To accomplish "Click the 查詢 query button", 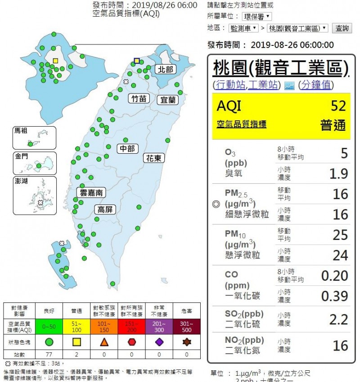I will (342, 28).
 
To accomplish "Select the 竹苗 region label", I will (138, 99).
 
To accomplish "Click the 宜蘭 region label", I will (168, 100).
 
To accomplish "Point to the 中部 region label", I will (128, 149).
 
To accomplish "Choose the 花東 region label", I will (154, 158).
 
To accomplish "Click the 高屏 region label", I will (106, 209).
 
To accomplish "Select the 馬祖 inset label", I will (21, 131).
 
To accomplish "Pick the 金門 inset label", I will (21, 156).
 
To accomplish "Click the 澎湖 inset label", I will (21, 181).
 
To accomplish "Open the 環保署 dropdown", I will (257, 17).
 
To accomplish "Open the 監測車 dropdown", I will (243, 28).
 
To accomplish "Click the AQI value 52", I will (338, 106).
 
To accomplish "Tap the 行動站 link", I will (230, 85).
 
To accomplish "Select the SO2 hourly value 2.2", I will (338, 320).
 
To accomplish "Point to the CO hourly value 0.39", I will (334, 296).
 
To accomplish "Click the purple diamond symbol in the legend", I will (159, 342).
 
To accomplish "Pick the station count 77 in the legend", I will (49, 354).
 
